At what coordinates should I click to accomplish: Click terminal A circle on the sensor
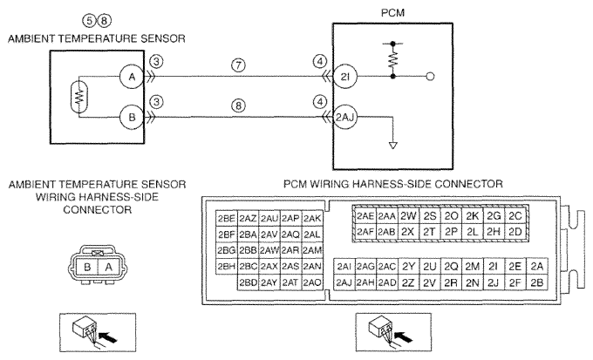[x=132, y=77]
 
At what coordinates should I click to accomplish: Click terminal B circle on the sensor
[x=132, y=117]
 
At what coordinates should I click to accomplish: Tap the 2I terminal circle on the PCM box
[x=345, y=77]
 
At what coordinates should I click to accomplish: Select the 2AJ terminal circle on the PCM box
[x=345, y=117]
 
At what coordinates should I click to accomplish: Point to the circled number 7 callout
[x=238, y=65]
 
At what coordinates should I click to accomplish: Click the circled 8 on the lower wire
[x=238, y=105]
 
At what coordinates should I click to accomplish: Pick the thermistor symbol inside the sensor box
[x=79, y=97]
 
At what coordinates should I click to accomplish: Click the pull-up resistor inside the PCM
[x=393, y=60]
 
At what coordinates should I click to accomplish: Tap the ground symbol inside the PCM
[x=393, y=146]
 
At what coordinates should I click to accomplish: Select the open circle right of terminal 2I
[x=430, y=77]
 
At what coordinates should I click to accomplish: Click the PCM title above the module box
[x=392, y=13]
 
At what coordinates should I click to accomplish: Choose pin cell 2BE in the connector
[x=227, y=219]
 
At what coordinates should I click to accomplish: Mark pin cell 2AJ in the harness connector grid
[x=344, y=282]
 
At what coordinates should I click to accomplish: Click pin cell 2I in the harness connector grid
[x=494, y=267]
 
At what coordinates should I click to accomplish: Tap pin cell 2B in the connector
[x=536, y=282]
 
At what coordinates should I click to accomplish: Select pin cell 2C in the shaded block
[x=515, y=216]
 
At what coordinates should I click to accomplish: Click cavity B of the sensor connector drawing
[x=87, y=267]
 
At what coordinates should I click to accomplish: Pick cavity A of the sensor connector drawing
[x=108, y=267]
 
